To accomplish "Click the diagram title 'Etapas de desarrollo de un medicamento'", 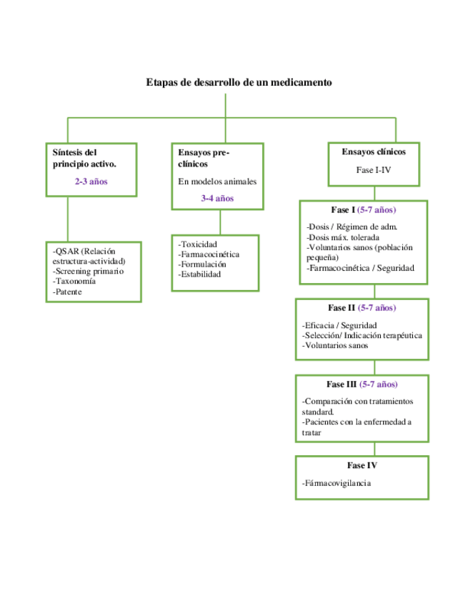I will [239, 82].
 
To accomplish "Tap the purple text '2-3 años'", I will [91, 182].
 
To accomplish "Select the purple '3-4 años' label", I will [217, 198].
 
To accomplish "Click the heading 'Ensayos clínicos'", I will [374, 151].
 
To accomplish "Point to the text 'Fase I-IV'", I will [374, 170].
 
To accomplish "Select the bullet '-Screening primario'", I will [88, 271].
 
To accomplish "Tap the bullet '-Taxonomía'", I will [74, 281].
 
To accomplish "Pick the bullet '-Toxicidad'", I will [198, 244].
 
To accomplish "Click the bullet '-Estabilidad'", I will [199, 274].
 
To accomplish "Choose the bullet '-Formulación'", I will [202, 264].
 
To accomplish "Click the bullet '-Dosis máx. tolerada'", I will [342, 237].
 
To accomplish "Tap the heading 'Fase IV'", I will [362, 465].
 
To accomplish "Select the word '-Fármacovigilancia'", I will [337, 484].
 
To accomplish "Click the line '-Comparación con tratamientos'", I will [357, 401].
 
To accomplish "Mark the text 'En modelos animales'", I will [217, 182].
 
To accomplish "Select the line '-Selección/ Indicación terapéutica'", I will [362, 335].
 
